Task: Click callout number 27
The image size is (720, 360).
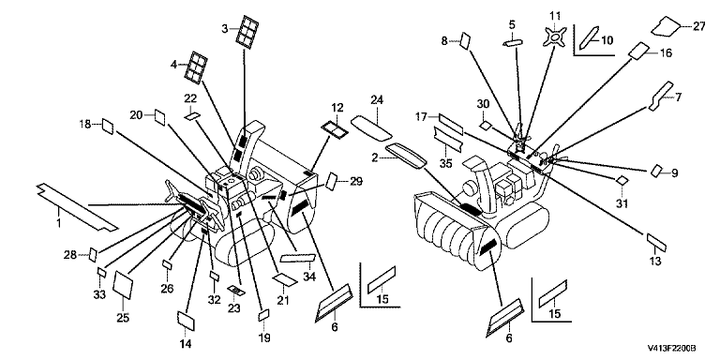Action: point(698,26)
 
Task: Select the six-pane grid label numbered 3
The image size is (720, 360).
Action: point(247,32)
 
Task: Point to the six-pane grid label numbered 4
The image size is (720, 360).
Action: point(196,67)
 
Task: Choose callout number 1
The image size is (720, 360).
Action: point(59,224)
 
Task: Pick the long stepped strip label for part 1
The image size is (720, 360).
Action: point(77,207)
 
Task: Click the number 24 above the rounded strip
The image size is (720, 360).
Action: point(378,100)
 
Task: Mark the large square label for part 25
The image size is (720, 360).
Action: point(123,284)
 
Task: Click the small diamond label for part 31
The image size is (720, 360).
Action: point(621,180)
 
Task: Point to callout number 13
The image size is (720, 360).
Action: point(655,262)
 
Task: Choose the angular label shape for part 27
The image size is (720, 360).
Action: point(667,26)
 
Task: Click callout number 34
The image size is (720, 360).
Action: point(309,277)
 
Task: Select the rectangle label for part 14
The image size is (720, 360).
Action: point(186,321)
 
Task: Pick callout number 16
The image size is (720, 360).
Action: point(666,53)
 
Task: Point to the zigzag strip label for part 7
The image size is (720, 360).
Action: point(660,96)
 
